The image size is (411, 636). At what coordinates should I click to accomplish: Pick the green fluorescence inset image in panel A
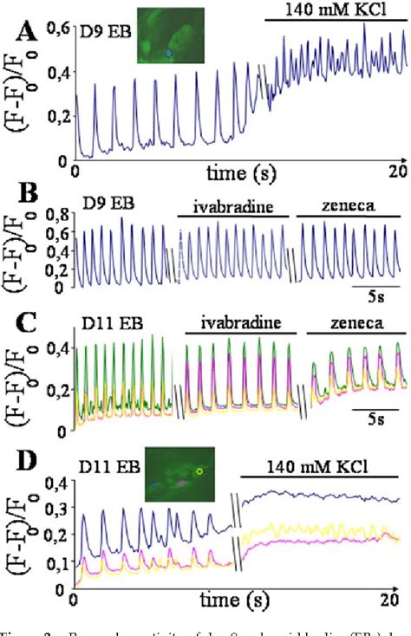171,35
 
